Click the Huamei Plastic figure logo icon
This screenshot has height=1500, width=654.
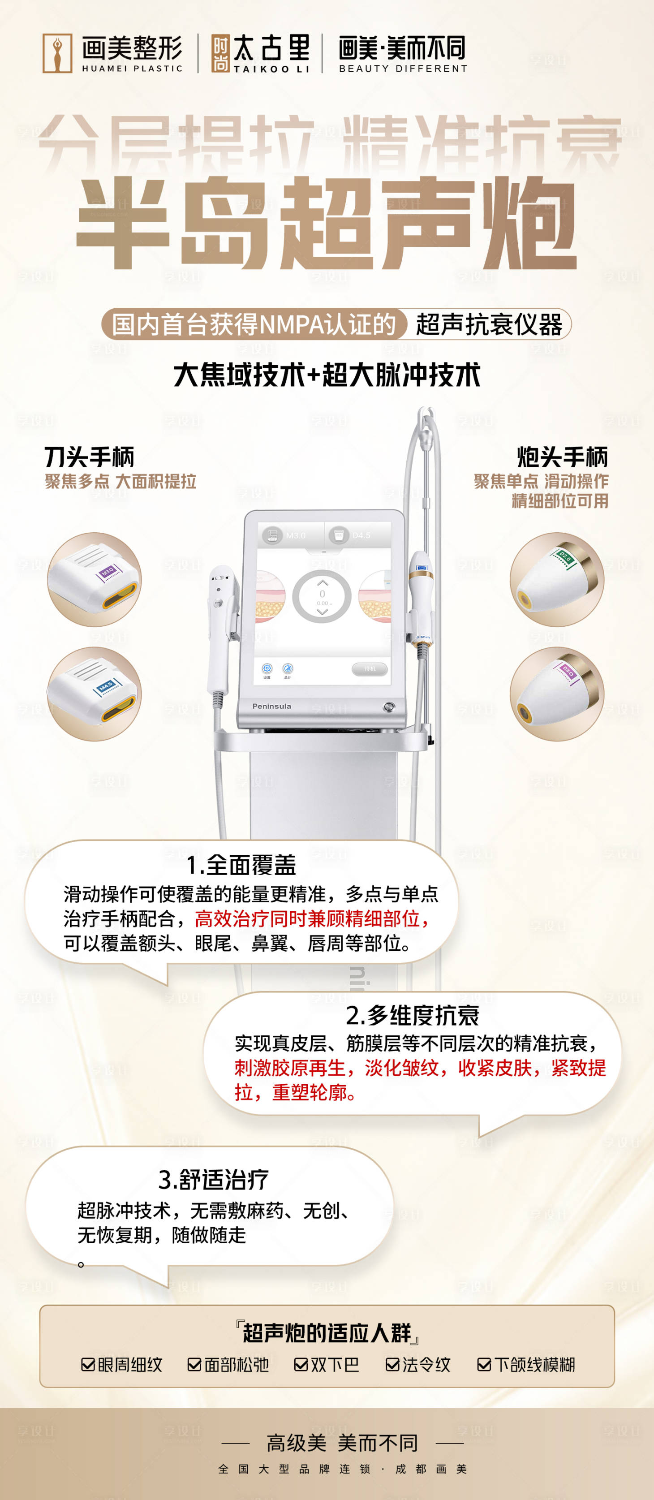click(x=57, y=53)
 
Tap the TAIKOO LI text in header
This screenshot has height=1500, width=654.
click(x=271, y=69)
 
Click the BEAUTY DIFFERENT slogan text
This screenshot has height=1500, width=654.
click(x=403, y=68)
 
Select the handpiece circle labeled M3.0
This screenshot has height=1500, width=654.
click(x=95, y=579)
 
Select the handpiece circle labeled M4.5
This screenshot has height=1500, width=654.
click(x=95, y=694)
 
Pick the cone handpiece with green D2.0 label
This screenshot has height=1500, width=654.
click(x=557, y=579)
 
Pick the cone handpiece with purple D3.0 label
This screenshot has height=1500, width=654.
click(x=557, y=694)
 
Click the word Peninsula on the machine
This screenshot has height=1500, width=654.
click(x=271, y=706)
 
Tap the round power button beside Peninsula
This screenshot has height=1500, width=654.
click(x=389, y=707)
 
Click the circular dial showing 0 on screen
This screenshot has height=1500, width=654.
click(x=322, y=597)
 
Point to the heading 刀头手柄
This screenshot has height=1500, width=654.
click(x=90, y=457)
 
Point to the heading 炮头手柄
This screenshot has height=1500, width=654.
click(x=562, y=457)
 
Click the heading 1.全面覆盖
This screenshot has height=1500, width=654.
click(x=241, y=865)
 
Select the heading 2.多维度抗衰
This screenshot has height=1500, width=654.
click(x=412, y=1015)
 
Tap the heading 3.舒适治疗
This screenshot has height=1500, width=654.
click(x=213, y=1180)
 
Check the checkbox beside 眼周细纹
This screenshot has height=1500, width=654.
click(x=88, y=1364)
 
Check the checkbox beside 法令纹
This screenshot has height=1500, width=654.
click(x=392, y=1364)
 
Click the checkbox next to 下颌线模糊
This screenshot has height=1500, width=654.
click(x=484, y=1364)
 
